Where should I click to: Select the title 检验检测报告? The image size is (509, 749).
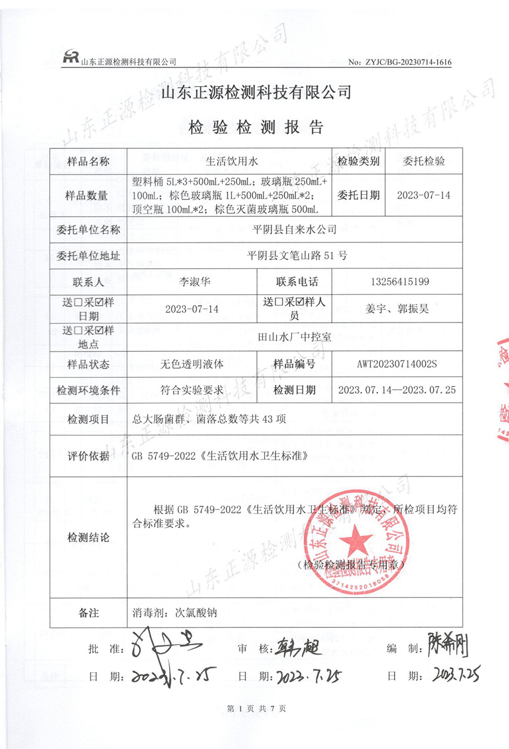point(256,127)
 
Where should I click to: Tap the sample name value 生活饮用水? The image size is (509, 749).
point(231,161)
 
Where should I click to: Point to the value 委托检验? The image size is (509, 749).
point(424,161)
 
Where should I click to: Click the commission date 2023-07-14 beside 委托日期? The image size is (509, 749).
point(424,195)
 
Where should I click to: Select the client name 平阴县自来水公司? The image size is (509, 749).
point(294,229)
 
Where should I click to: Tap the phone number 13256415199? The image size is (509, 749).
point(400,282)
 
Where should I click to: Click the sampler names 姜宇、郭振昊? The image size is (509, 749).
point(397,309)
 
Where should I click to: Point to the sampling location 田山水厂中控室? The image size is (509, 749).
point(295,337)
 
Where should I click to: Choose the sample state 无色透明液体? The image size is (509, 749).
point(192,364)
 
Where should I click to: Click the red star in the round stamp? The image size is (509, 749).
point(355,541)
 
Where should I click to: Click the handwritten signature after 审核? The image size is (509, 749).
point(299,648)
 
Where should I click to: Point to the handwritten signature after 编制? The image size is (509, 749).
point(447,645)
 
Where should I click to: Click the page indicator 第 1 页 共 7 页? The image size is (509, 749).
point(256,708)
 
